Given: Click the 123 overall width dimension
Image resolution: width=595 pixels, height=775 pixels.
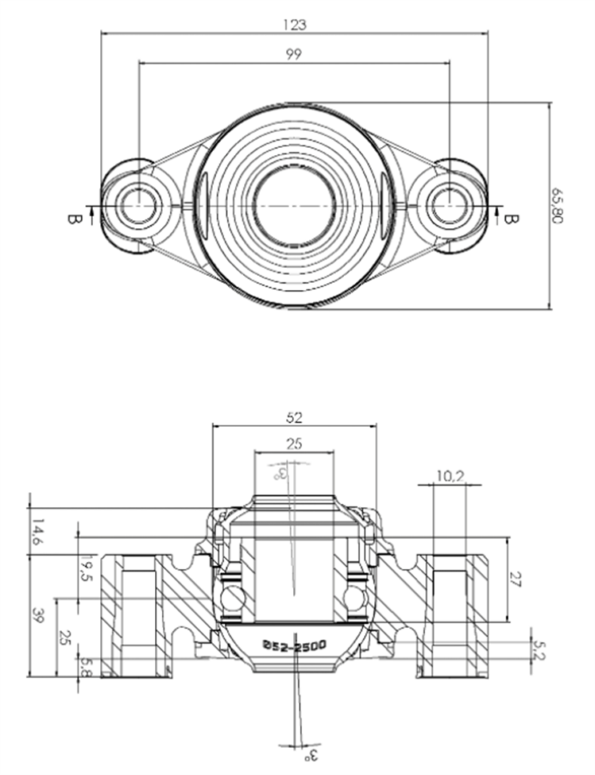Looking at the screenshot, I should pyautogui.click(x=295, y=25).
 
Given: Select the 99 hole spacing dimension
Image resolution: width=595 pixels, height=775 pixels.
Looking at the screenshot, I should pyautogui.click(x=294, y=53).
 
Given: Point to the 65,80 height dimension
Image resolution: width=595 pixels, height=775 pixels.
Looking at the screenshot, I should pyautogui.click(x=558, y=205).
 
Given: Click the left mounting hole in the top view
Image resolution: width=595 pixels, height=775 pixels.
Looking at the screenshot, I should pyautogui.click(x=139, y=206).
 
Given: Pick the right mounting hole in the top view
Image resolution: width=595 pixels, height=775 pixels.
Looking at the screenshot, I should pyautogui.click(x=449, y=206).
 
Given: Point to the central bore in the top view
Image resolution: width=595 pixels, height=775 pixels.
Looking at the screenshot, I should pyautogui.click(x=294, y=205).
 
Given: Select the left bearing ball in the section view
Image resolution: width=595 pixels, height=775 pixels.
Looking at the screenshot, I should pyautogui.click(x=230, y=598).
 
